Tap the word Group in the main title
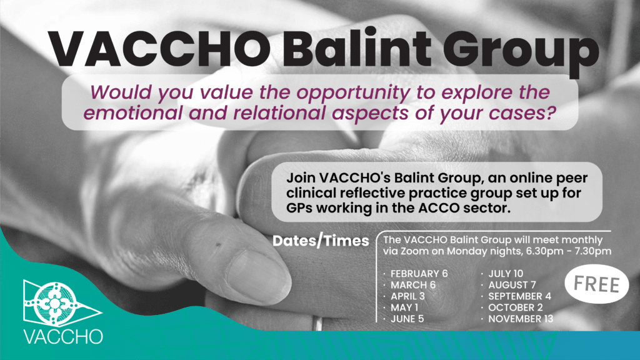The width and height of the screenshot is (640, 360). (x=519, y=49)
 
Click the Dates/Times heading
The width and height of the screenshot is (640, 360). (x=321, y=241)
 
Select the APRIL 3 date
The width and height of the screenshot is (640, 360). (x=410, y=296)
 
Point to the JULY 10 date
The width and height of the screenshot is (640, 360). (x=506, y=274)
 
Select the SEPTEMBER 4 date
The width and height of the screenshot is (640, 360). (x=519, y=296)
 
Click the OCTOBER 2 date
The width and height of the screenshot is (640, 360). (x=516, y=307)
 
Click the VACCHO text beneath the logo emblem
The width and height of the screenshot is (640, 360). (x=62, y=336)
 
